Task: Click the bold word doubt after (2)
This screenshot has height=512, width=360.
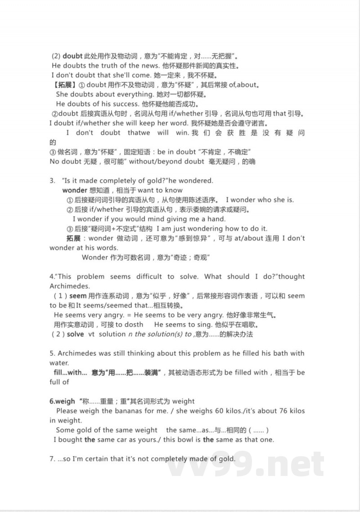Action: (x=72, y=56)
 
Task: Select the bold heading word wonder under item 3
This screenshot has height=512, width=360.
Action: (x=74, y=190)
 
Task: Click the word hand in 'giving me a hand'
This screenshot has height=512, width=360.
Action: (x=216, y=219)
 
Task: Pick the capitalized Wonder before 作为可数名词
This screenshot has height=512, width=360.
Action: (x=95, y=258)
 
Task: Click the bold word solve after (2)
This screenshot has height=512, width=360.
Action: (x=75, y=334)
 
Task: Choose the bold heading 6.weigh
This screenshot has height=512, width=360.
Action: (x=62, y=401)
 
